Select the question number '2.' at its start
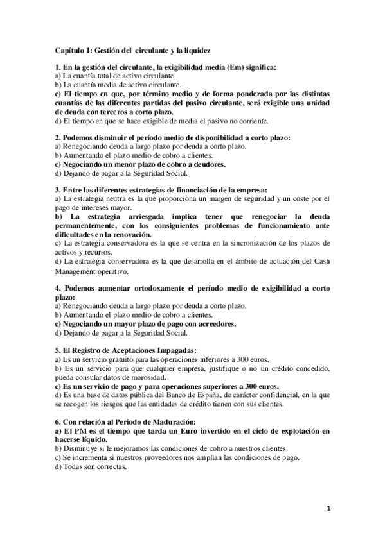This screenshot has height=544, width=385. [x=57, y=137]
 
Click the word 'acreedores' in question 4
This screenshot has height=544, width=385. [x=213, y=324]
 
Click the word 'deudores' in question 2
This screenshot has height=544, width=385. [x=206, y=164]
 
